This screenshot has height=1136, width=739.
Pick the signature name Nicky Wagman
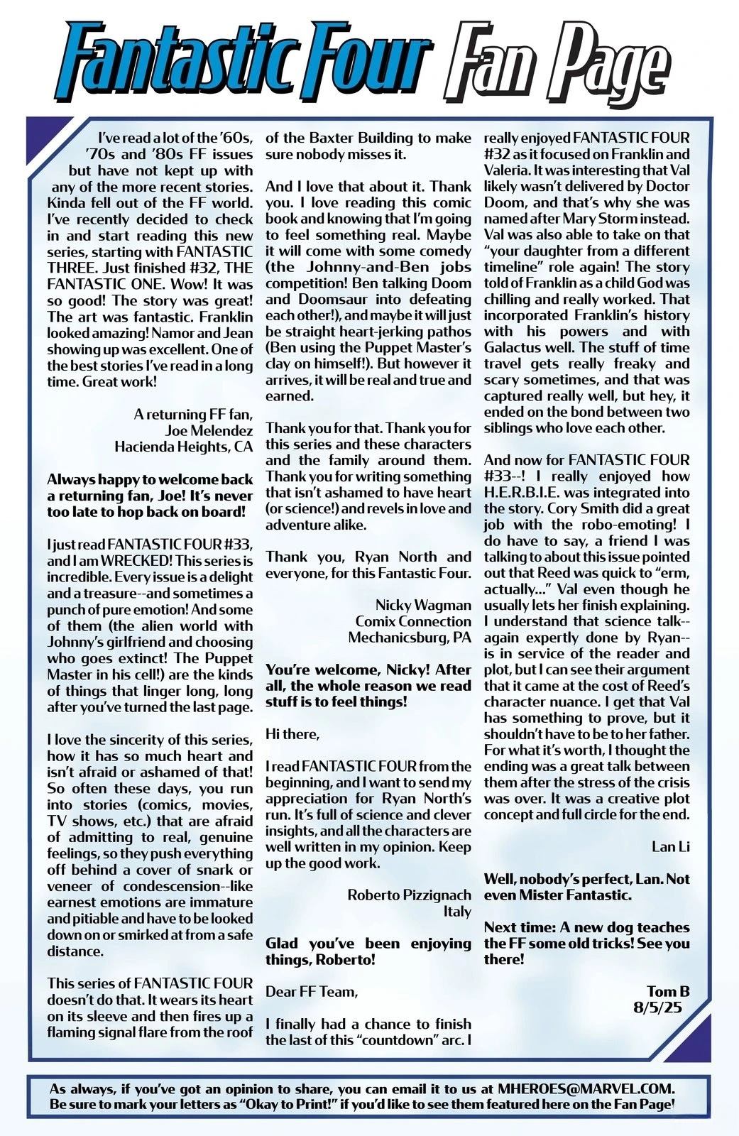click(x=423, y=605)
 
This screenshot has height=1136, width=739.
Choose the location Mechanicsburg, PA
click(x=410, y=638)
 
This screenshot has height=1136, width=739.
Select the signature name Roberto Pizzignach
click(x=409, y=895)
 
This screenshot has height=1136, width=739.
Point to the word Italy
click(x=457, y=911)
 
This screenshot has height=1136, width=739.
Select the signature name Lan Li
click(x=670, y=846)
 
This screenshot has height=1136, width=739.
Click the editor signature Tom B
click(x=668, y=991)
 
